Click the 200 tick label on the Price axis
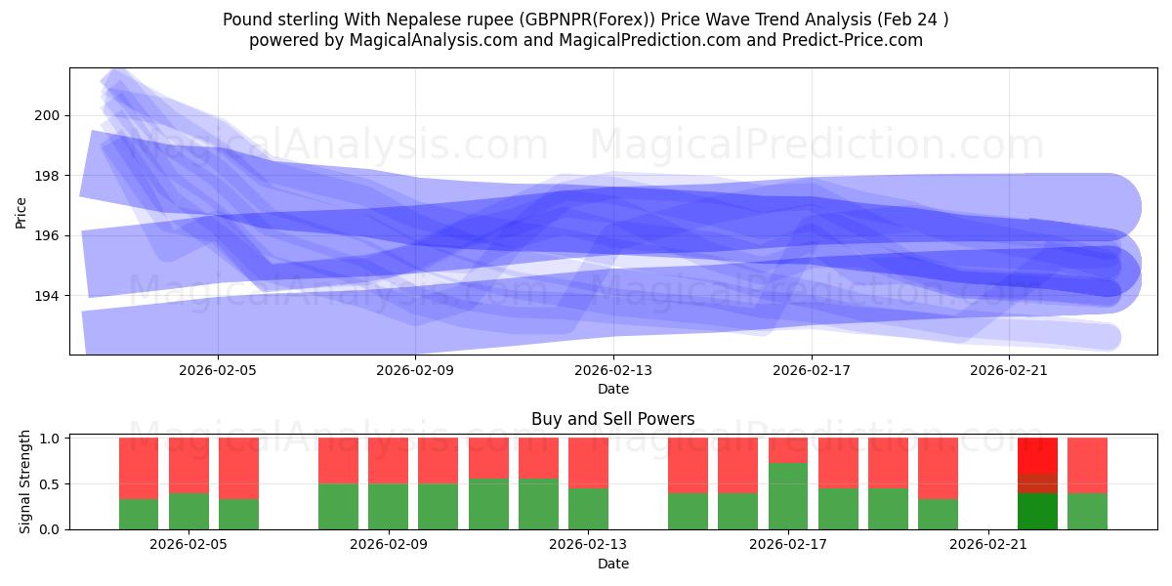pyautogui.click(x=47, y=115)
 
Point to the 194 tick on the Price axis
pyautogui.click(x=47, y=296)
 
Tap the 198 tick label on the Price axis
pyautogui.click(x=47, y=176)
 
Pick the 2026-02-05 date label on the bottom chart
pyautogui.click(x=188, y=545)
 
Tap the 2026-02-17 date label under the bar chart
pyautogui.click(x=788, y=545)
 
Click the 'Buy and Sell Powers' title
pyautogui.click(x=612, y=419)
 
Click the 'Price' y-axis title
pyautogui.click(x=21, y=211)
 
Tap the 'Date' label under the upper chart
pyautogui.click(x=613, y=389)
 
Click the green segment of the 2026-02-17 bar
pyautogui.click(x=788, y=496)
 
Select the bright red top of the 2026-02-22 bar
pyautogui.click(x=1037, y=455)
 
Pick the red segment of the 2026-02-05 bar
pyautogui.click(x=188, y=465)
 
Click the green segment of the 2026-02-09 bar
pyautogui.click(x=388, y=506)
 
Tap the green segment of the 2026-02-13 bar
pyautogui.click(x=588, y=508)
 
